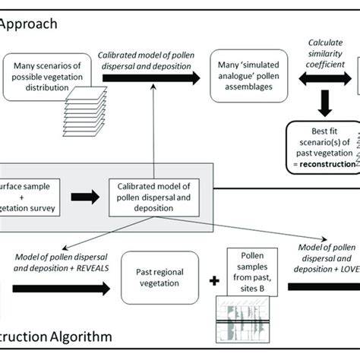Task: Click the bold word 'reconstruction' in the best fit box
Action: click(327, 164)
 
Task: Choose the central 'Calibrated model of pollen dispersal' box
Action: click(153, 199)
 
